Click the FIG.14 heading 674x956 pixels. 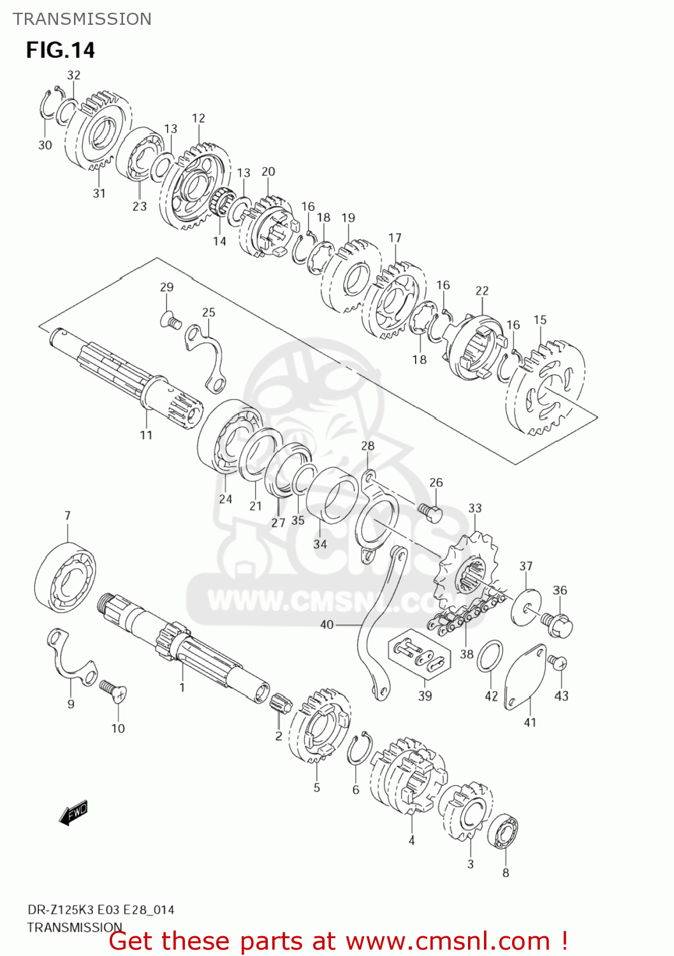[61, 50]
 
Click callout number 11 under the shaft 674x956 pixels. [146, 435]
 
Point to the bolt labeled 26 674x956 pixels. [430, 512]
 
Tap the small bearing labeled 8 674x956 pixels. [503, 832]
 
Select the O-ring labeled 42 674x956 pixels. [490, 657]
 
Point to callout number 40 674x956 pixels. [326, 625]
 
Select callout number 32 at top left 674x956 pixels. [74, 75]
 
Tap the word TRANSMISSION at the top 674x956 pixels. [82, 19]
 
